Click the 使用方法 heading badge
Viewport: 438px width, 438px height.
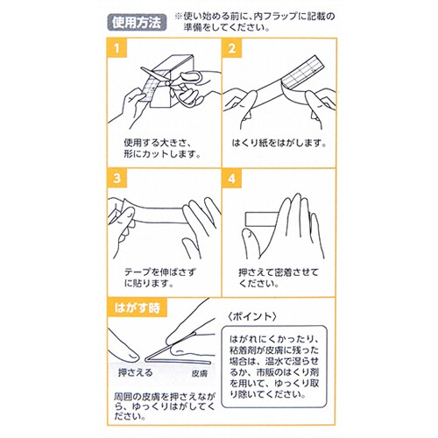tap(137, 22)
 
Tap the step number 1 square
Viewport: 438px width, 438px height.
tap(117, 48)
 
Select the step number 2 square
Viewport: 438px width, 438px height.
tap(232, 48)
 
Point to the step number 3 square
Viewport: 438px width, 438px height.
tap(117, 178)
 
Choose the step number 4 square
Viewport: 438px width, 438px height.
tap(232, 178)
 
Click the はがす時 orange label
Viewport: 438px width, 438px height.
tap(138, 307)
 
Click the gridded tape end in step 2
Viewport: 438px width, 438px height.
tap(304, 72)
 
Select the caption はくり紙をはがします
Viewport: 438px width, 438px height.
tap(279, 143)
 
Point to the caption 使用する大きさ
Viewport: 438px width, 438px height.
tap(158, 143)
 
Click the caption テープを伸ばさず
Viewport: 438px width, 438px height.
tap(160, 272)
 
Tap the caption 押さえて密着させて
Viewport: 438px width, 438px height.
tap(279, 272)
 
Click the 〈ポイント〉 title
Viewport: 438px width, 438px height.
tap(251, 316)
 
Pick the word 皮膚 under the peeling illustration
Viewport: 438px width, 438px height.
tap(200, 373)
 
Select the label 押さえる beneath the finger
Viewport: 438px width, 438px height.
tap(136, 372)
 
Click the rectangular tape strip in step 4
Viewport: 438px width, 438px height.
tap(263, 219)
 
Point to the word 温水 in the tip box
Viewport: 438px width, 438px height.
tap(274, 361)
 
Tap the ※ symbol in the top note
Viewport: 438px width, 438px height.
tap(179, 17)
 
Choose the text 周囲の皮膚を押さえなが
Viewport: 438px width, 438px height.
tap(165, 397)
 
